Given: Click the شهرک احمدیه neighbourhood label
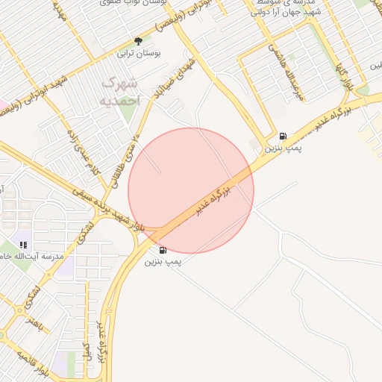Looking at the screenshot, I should [119, 88].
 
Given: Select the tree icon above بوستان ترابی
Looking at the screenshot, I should [137, 40].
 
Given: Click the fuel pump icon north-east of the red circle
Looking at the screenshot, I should [283, 136].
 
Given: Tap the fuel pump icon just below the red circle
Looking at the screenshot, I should [163, 250].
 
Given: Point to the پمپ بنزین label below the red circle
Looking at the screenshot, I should [163, 262].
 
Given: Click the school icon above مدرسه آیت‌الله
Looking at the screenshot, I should [23, 244].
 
